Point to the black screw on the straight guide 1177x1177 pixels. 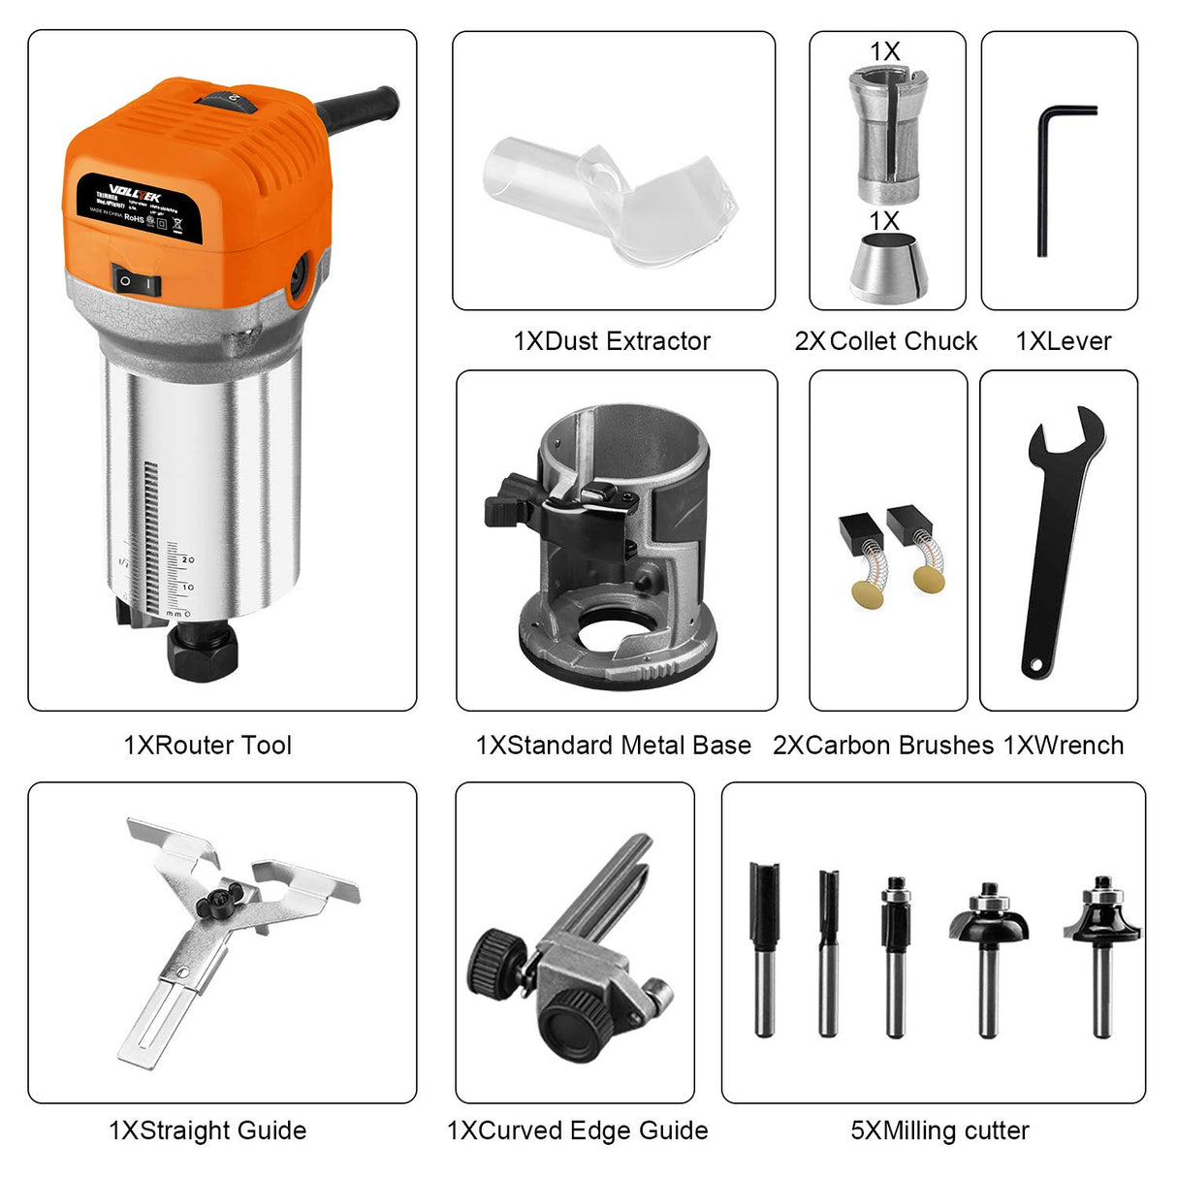pyautogui.click(x=213, y=906)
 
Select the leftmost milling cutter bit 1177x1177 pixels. pyautogui.click(x=764, y=945)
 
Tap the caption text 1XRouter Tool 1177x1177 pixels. pyautogui.click(x=207, y=746)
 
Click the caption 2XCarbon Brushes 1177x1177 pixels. pyautogui.click(x=883, y=746)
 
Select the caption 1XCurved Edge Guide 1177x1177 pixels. pyautogui.click(x=577, y=1130)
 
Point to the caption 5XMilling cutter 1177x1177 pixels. pyautogui.click(x=939, y=1130)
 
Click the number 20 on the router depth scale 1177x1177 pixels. pyautogui.click(x=187, y=560)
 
